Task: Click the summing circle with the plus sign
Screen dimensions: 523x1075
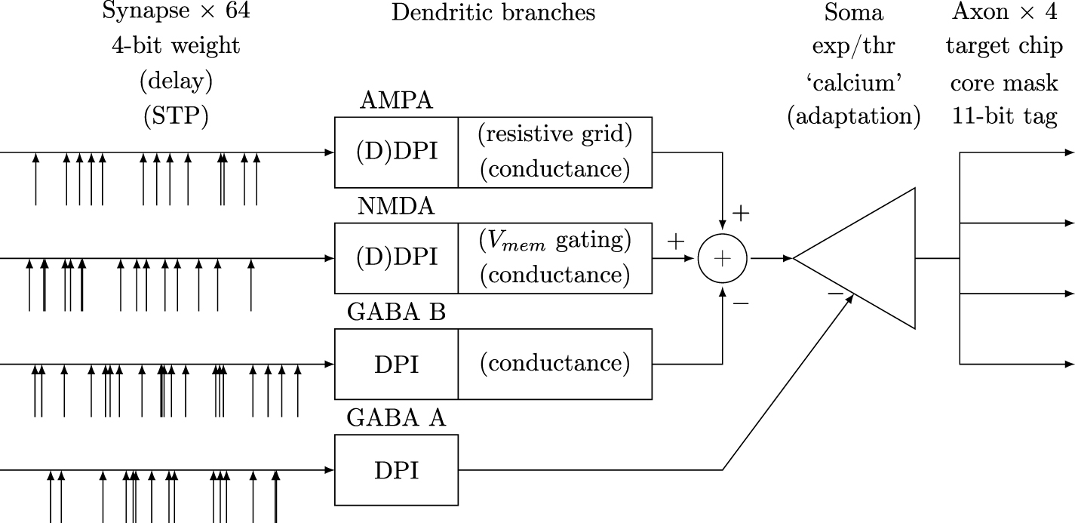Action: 723,258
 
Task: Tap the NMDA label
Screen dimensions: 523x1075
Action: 396,206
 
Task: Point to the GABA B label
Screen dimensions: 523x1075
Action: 396,312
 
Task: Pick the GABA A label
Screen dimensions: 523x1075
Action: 396,417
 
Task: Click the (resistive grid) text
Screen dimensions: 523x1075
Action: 554,136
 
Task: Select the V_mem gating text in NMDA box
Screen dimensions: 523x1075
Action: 554,242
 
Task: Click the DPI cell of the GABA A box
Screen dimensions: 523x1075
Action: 396,470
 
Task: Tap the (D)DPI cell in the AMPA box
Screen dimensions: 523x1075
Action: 396,152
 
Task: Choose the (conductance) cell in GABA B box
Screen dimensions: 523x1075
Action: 554,364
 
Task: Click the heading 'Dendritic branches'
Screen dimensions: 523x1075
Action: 493,12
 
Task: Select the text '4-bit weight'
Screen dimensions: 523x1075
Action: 175,47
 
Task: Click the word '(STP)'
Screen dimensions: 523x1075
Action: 175,118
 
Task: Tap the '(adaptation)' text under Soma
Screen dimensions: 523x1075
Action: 853,118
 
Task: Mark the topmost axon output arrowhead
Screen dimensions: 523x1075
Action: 1069,152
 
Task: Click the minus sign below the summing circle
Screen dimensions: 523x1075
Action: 740,303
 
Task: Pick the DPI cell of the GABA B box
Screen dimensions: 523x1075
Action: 396,364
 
